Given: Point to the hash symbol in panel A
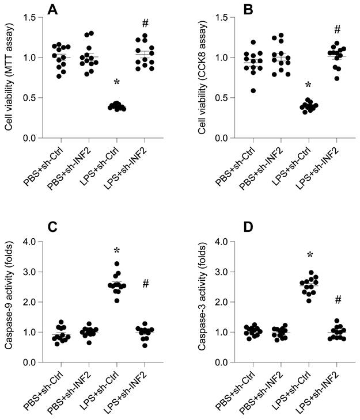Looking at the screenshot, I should (145, 24).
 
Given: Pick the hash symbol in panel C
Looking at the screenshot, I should (145, 283).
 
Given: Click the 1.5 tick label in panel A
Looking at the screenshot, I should (28, 17).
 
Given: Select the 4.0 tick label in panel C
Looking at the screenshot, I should (28, 241).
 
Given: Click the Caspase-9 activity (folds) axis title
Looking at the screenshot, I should (9, 301).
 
